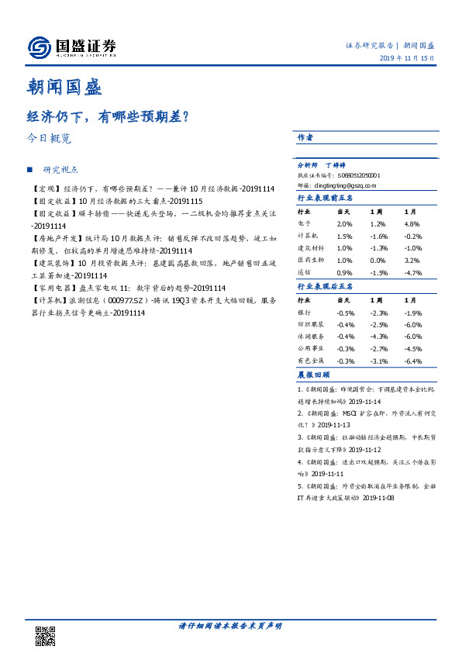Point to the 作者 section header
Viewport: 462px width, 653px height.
tap(305, 137)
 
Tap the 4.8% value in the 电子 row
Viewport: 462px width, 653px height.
tap(412, 223)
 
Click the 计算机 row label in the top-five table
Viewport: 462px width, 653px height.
tap(307, 236)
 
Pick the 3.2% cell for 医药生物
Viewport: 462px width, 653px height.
tap(412, 261)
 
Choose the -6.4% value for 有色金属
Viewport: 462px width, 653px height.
tap(413, 361)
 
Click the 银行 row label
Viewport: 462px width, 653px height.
tap(304, 312)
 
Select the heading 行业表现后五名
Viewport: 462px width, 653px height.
tap(326, 286)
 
